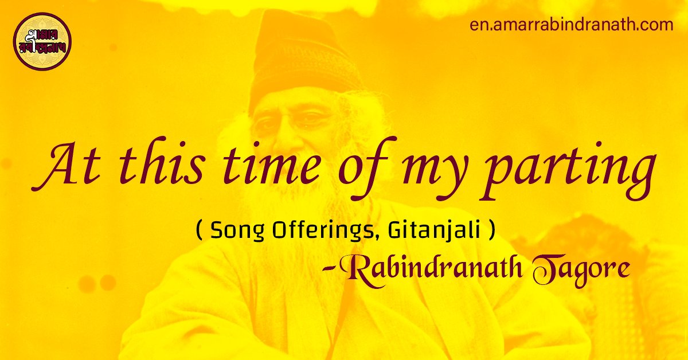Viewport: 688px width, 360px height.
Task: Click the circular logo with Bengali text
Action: pos(42,41)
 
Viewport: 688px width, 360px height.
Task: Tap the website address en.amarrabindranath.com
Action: pos(572,25)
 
